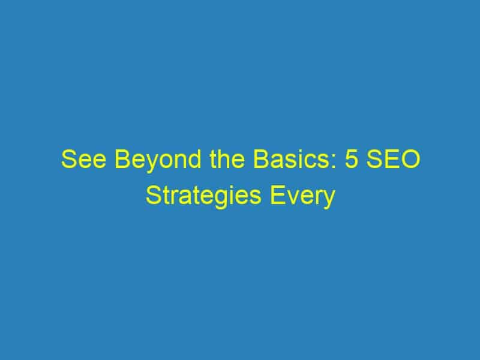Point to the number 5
352,159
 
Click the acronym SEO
394,159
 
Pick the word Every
302,198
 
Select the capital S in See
68,159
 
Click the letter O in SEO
411,159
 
